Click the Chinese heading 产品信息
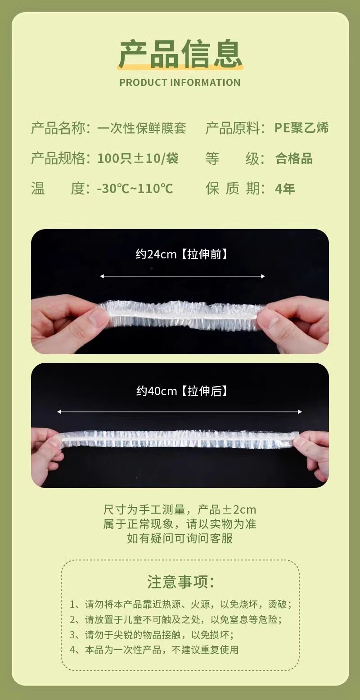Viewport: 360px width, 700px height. [180, 54]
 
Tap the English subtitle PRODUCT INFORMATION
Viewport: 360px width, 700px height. [180, 82]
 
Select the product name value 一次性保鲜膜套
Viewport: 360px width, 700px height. [142, 128]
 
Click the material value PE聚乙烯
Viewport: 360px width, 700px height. [301, 128]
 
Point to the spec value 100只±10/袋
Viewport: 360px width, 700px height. [138, 158]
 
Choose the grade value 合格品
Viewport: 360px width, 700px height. [294, 158]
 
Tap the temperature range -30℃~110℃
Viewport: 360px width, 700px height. [135, 189]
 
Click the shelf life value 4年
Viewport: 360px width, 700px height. [285, 189]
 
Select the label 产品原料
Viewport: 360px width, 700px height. [232, 128]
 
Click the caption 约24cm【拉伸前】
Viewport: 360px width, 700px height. [181, 254]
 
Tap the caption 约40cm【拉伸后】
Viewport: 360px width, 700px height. [181, 391]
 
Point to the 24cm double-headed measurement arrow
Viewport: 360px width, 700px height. [182, 276]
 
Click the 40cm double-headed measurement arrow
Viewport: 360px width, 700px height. [180, 411]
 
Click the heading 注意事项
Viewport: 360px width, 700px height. [180, 582]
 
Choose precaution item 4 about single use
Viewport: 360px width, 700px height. [154, 650]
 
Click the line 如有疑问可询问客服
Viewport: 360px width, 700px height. [180, 538]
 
